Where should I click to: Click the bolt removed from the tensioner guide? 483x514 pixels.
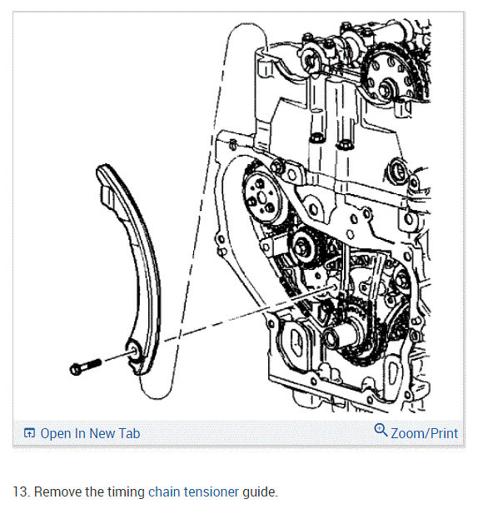[86, 367]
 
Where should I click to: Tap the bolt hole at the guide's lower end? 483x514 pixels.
[134, 352]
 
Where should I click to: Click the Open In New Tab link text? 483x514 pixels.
[90, 433]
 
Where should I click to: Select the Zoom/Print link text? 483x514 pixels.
[424, 433]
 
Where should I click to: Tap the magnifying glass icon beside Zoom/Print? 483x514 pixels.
[381, 430]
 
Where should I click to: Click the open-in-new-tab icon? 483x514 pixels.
[29, 433]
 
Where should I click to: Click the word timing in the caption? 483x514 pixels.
[126, 492]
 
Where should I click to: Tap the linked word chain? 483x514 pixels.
[164, 492]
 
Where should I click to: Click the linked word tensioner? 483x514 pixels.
[212, 492]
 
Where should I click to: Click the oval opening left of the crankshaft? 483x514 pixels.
[297, 343]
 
